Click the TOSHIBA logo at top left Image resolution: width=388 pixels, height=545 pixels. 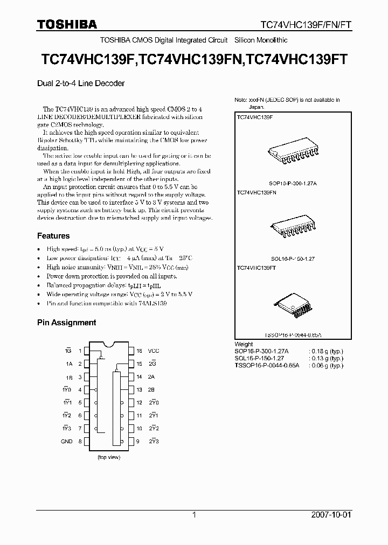[67, 24]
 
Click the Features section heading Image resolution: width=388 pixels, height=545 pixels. [53, 236]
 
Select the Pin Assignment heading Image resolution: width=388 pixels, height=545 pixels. [66, 323]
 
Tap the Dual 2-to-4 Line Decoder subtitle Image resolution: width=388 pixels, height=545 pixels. [80, 83]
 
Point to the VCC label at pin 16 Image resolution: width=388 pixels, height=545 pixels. [154, 351]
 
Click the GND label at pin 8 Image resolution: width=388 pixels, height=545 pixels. [66, 441]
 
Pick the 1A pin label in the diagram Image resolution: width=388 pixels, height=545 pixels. [69, 364]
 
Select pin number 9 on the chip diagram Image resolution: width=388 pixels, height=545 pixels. [138, 441]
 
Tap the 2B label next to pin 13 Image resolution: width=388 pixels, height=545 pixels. [151, 389]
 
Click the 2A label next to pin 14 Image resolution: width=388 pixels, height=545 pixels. [151, 376]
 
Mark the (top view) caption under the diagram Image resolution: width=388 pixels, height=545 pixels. [109, 457]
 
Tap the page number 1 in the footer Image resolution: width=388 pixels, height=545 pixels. [193, 515]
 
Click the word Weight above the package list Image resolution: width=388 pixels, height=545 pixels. [244, 344]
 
